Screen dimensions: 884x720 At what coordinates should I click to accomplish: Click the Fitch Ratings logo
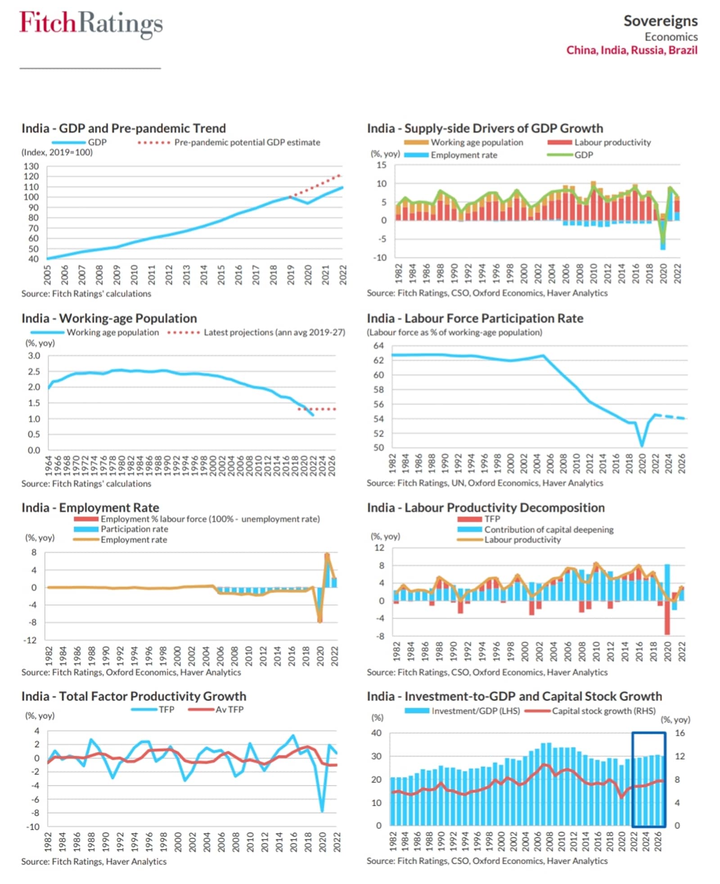point(91,23)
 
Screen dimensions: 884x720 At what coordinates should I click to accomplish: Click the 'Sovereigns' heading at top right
point(660,21)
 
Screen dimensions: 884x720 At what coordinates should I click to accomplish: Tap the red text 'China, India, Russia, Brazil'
point(631,50)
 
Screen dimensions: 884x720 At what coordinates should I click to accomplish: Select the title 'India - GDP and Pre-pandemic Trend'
point(124,128)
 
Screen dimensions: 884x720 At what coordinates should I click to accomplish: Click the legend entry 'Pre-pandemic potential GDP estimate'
point(247,143)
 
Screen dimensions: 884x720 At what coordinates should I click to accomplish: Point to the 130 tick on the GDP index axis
point(31,166)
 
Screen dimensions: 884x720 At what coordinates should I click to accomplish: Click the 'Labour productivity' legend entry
point(612,143)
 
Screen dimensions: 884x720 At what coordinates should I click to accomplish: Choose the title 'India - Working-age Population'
point(109,318)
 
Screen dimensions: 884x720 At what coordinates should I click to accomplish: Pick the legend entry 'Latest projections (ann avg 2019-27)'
point(274,332)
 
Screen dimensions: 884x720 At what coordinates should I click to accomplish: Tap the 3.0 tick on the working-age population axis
point(34,356)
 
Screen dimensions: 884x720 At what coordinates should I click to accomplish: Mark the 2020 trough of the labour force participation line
point(642,446)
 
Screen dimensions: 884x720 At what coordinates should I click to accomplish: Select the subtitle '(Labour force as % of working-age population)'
point(454,332)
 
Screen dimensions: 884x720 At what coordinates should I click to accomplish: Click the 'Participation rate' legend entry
point(134,529)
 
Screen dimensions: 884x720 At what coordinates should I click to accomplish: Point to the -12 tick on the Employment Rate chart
point(31,640)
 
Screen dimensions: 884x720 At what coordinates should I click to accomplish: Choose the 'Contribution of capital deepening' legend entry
point(549,530)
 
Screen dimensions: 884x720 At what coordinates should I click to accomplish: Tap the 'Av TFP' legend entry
point(229,710)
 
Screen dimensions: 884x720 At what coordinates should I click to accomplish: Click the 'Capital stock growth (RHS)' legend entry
point(603,711)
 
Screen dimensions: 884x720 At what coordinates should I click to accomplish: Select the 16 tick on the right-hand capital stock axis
point(679,733)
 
